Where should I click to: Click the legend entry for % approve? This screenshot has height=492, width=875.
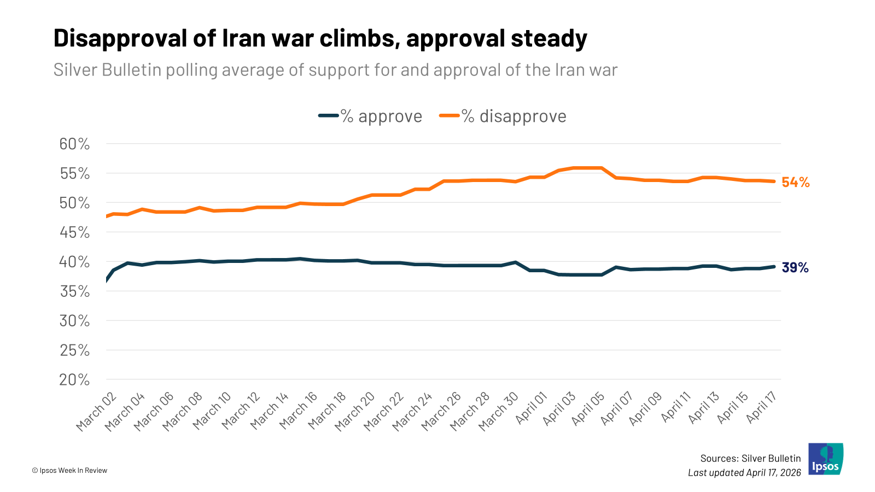(x=371, y=116)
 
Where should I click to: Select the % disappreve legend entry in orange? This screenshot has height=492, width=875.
(x=503, y=116)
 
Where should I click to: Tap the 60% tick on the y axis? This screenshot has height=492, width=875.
(x=74, y=144)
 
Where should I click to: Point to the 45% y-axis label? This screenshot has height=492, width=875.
(x=74, y=232)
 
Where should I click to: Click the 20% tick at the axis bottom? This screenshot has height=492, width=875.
(x=74, y=379)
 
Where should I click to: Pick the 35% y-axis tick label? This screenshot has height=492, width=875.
(x=74, y=291)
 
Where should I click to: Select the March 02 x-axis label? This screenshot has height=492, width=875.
(x=97, y=412)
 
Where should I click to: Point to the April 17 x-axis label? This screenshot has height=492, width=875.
(x=762, y=407)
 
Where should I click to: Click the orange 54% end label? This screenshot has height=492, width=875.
(x=795, y=183)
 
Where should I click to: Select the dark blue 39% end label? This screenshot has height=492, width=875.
(x=795, y=267)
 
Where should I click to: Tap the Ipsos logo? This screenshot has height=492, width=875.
(x=826, y=459)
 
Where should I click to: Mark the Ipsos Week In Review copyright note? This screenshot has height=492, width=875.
(x=69, y=470)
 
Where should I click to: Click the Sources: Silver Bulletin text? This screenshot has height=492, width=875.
(x=750, y=458)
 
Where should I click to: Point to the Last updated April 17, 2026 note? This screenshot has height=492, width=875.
(x=744, y=472)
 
